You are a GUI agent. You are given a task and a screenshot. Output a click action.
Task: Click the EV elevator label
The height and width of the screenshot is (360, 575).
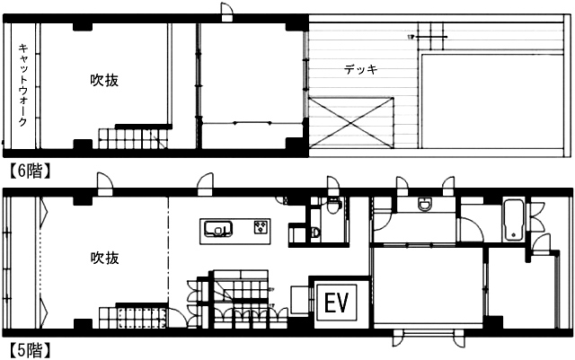point(336,303)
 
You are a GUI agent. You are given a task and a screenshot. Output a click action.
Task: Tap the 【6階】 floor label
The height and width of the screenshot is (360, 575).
point(29,171)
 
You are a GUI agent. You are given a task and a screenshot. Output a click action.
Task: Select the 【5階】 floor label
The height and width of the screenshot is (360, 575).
point(29,350)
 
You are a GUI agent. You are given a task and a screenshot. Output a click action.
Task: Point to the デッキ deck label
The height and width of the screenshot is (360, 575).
point(361,69)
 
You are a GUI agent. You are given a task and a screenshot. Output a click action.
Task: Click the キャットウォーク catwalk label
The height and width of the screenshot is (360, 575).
point(23,85)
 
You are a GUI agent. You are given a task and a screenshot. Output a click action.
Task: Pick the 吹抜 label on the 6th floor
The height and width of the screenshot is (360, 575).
point(104,80)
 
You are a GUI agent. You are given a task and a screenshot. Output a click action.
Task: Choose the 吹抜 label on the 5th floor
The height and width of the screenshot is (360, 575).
point(104,259)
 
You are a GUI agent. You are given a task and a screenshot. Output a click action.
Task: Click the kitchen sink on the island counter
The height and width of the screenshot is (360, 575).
point(218,229)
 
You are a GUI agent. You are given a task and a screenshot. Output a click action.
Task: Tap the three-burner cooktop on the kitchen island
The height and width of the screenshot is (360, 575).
point(261,227)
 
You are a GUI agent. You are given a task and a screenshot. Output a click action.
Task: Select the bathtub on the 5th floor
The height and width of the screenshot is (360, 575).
point(513,220)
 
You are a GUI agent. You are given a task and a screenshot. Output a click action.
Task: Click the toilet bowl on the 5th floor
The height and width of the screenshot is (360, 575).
point(333,206)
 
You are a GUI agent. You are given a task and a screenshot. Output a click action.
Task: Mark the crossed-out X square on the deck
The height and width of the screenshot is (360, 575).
point(351,123)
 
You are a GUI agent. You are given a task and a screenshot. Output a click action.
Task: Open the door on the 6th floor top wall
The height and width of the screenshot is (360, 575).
point(227,12)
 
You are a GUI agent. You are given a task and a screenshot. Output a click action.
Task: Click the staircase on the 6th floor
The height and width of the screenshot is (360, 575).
point(133,138)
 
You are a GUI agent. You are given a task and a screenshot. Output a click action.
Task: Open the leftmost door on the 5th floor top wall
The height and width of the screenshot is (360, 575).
point(105,184)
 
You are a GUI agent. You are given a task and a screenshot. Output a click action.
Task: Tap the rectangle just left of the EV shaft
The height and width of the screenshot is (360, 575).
point(299,300)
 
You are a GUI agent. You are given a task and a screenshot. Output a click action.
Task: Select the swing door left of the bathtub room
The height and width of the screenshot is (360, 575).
point(472,230)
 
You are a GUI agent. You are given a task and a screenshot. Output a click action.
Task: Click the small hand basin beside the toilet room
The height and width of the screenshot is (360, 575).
point(315,232)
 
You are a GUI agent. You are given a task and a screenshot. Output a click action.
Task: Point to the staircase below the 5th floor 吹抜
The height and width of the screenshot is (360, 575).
point(132,318)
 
